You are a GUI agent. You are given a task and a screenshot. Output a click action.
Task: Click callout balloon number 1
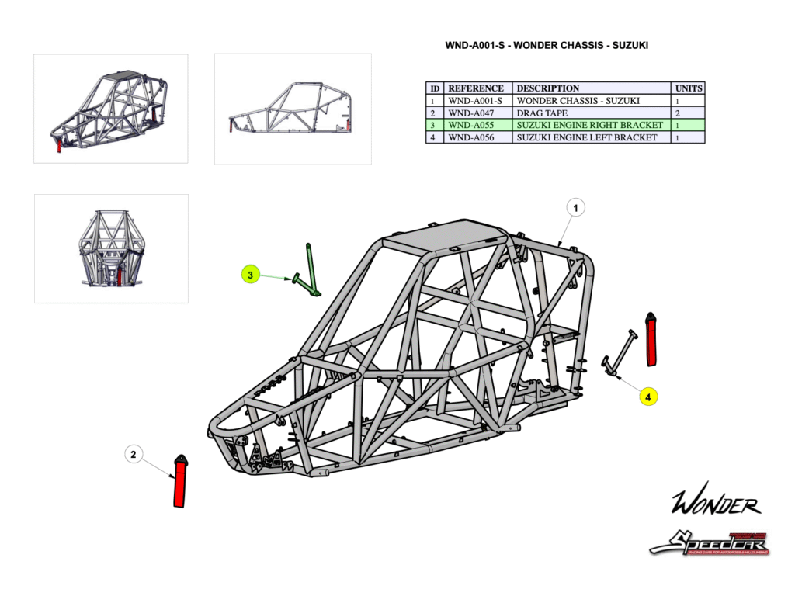click(575, 208)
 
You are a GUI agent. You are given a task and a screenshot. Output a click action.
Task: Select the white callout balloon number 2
click(134, 454)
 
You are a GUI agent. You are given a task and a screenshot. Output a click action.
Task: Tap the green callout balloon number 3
click(249, 275)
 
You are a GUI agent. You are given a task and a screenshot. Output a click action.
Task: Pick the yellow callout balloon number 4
click(648, 397)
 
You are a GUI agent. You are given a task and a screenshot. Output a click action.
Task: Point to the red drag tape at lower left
click(179, 482)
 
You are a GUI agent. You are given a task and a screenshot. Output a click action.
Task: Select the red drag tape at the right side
click(651, 338)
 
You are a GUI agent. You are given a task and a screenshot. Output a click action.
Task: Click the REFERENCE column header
click(477, 88)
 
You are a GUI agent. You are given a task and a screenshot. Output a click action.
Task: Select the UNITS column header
click(688, 88)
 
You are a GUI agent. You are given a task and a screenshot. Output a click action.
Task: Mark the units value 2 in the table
click(678, 113)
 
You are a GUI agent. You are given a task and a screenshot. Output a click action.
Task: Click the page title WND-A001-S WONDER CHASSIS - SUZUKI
click(546, 46)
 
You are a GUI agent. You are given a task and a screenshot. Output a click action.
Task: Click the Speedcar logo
click(709, 543)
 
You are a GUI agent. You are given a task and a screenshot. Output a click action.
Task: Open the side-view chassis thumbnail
click(292, 109)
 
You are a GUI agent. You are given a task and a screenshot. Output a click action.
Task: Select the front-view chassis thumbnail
click(111, 248)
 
